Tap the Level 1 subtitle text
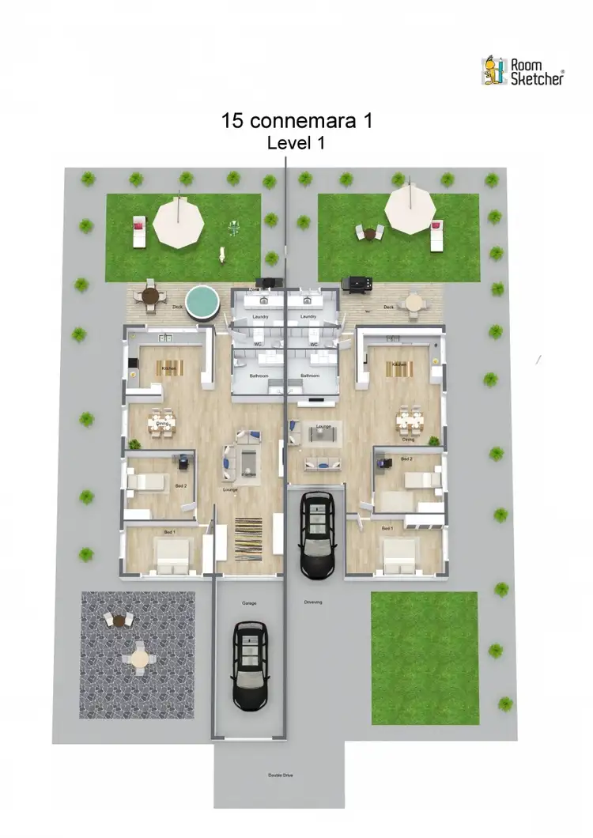point(296,143)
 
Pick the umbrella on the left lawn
point(182,222)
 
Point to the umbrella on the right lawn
point(410,209)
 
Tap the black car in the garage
point(250,664)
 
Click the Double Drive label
point(280,776)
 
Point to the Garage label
point(250,603)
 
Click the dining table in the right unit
point(409,421)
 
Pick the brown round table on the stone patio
point(119,621)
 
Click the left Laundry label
point(261,316)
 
